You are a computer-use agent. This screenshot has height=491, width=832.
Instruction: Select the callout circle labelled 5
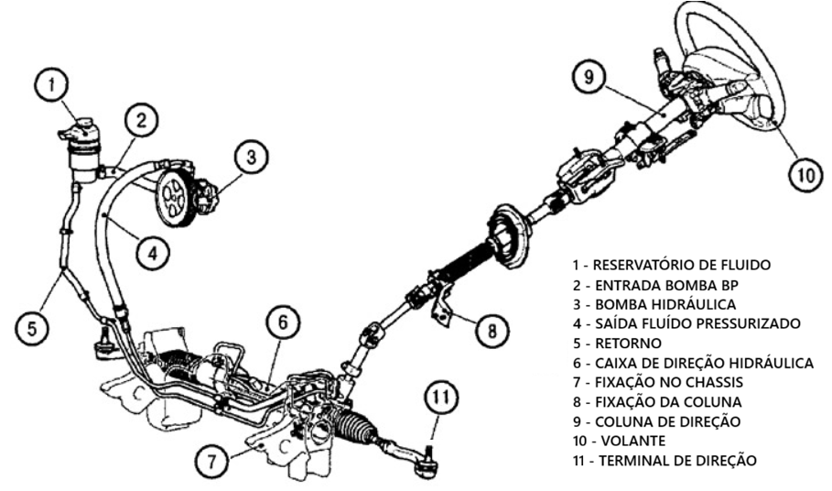coord(31,328)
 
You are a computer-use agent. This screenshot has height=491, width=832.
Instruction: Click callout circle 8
coord(492,331)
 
